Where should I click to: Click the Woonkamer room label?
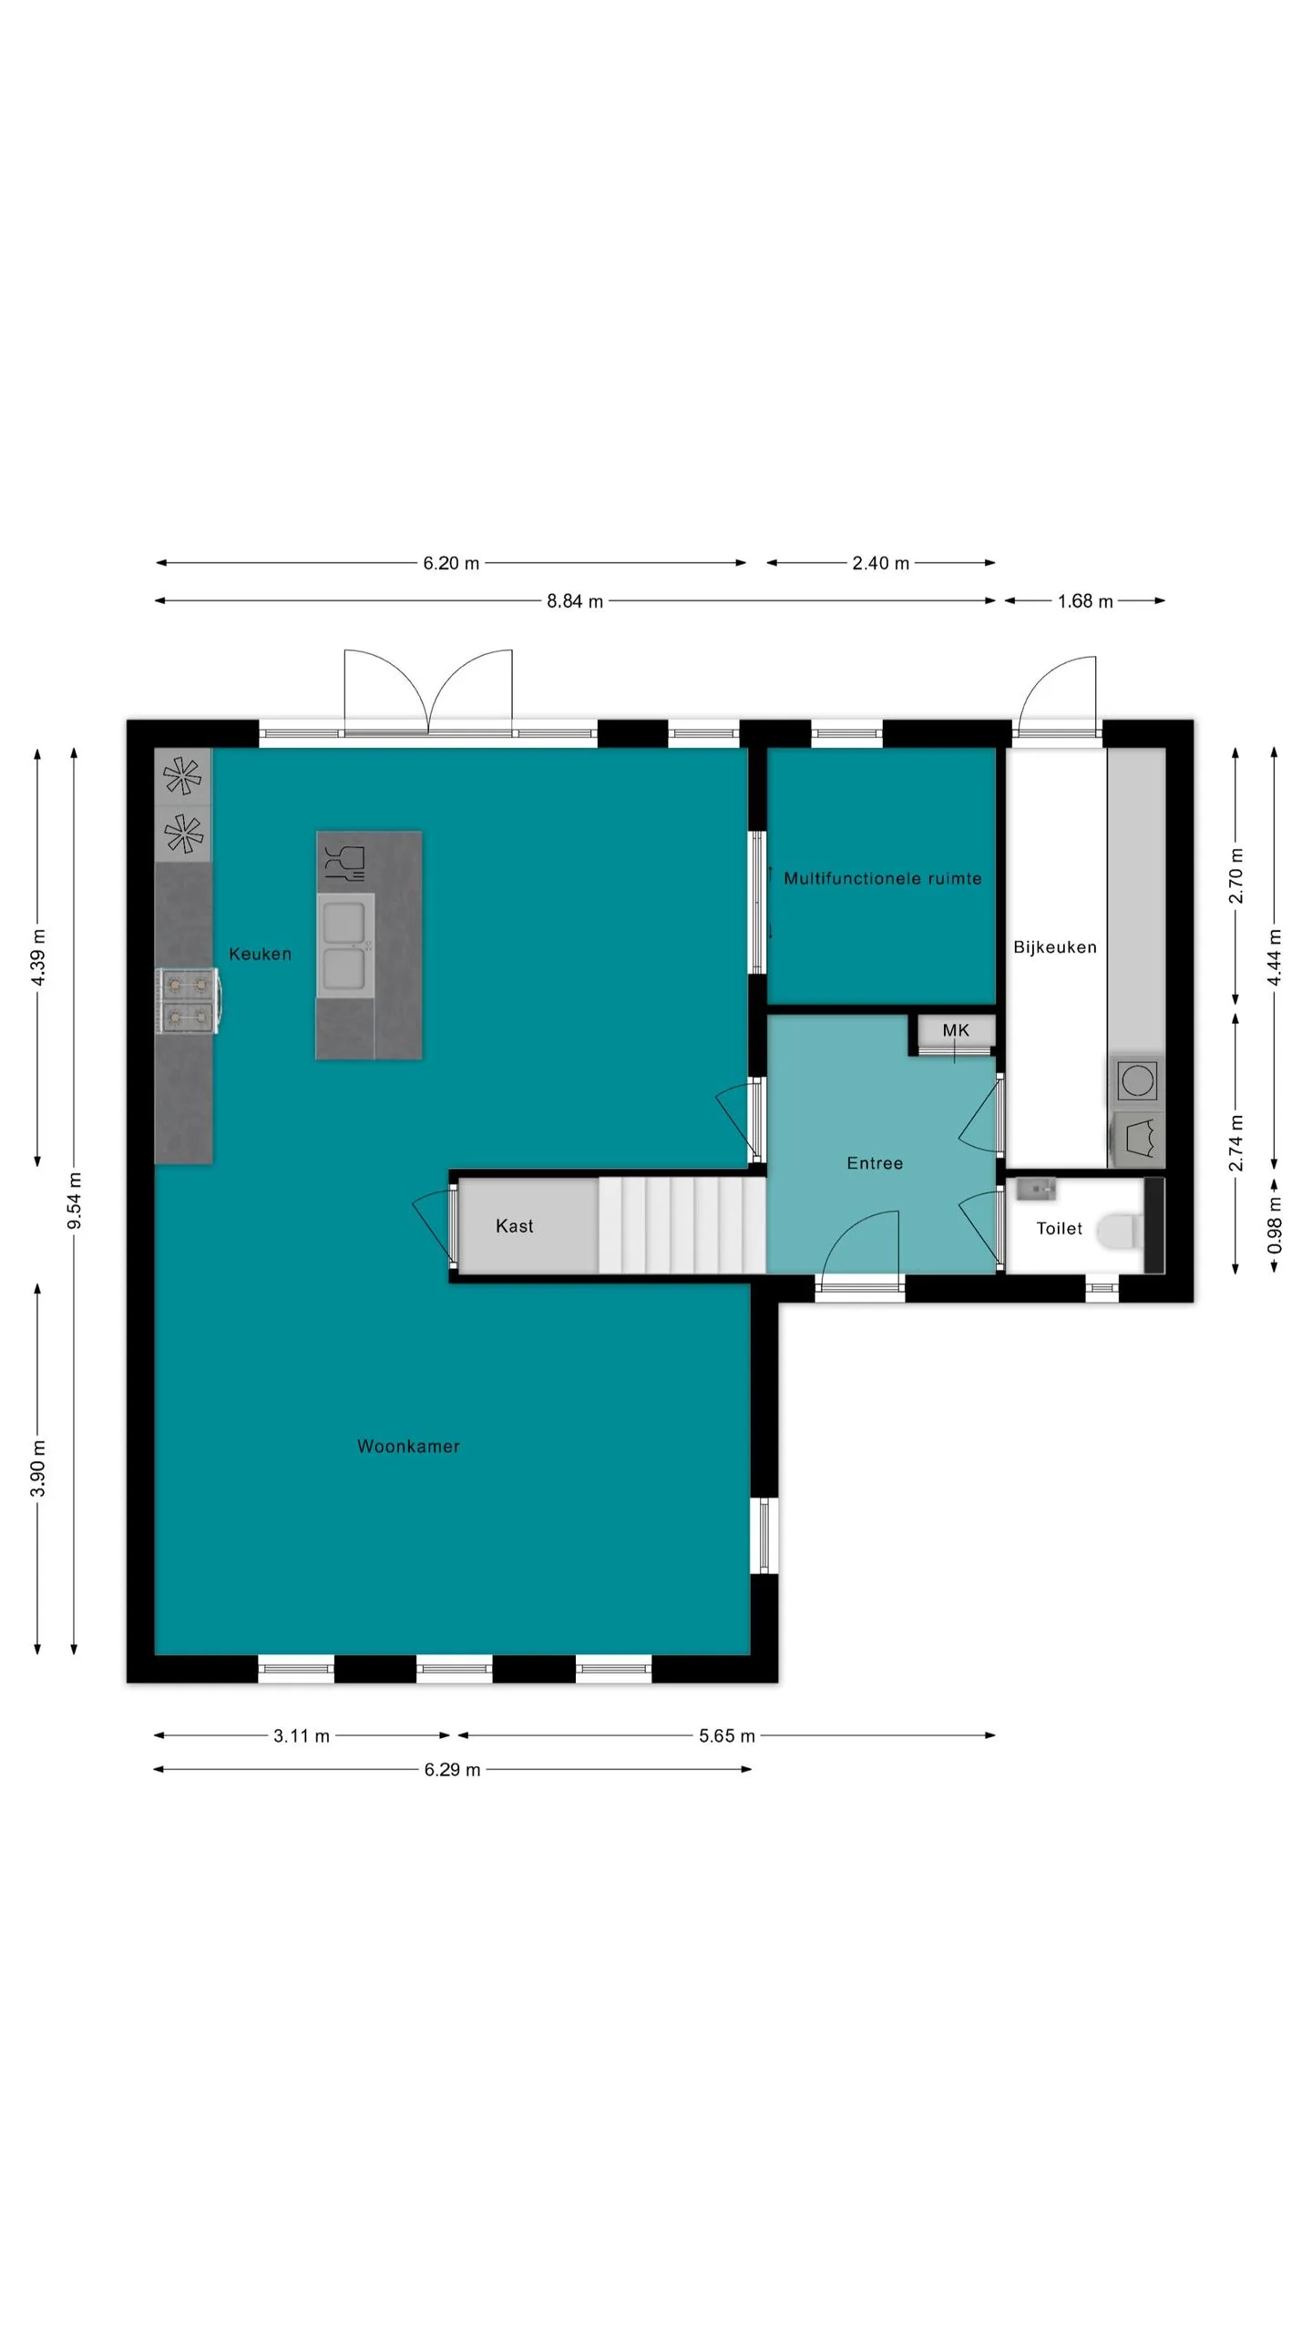[408, 1446]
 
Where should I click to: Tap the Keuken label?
[260, 954]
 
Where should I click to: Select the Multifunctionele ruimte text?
[882, 878]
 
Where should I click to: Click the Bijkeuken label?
[1054, 947]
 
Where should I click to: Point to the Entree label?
[875, 1163]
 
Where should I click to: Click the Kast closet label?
[514, 1226]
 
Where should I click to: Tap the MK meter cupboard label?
[956, 1030]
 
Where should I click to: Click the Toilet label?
[1059, 1229]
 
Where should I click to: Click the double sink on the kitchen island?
[345, 945]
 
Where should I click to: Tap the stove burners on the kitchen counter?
[188, 1000]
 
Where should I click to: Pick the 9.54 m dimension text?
[75, 1201]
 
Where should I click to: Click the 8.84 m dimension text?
[575, 601]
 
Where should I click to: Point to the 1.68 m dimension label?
[1085, 601]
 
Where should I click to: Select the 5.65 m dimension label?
[727, 1736]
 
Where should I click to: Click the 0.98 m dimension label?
[1275, 1225]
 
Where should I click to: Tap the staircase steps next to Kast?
[682, 1224]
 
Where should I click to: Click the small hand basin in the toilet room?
[1035, 1190]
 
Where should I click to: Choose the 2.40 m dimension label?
[880, 563]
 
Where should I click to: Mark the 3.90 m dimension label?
[37, 1468]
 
